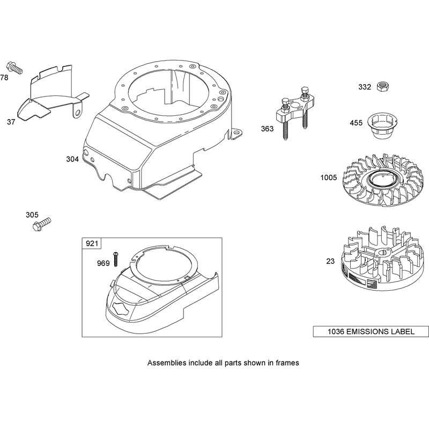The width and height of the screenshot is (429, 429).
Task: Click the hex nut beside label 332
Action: [x=383, y=87]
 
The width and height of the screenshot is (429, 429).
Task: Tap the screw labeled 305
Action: [x=42, y=224]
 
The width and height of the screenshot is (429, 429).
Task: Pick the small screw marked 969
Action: [x=115, y=259]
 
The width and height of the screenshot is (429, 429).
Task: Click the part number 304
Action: [x=72, y=159]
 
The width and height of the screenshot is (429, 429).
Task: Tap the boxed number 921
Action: [x=92, y=243]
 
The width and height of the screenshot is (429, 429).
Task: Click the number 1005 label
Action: [x=329, y=177]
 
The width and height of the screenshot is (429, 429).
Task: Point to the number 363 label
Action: [x=267, y=129]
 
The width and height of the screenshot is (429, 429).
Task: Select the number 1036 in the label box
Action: [x=336, y=331]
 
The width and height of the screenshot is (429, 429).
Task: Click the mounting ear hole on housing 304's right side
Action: [x=236, y=133]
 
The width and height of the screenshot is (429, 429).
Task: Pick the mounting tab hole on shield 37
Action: [x=78, y=113]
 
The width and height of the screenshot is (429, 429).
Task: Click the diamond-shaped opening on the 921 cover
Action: [x=121, y=309]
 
